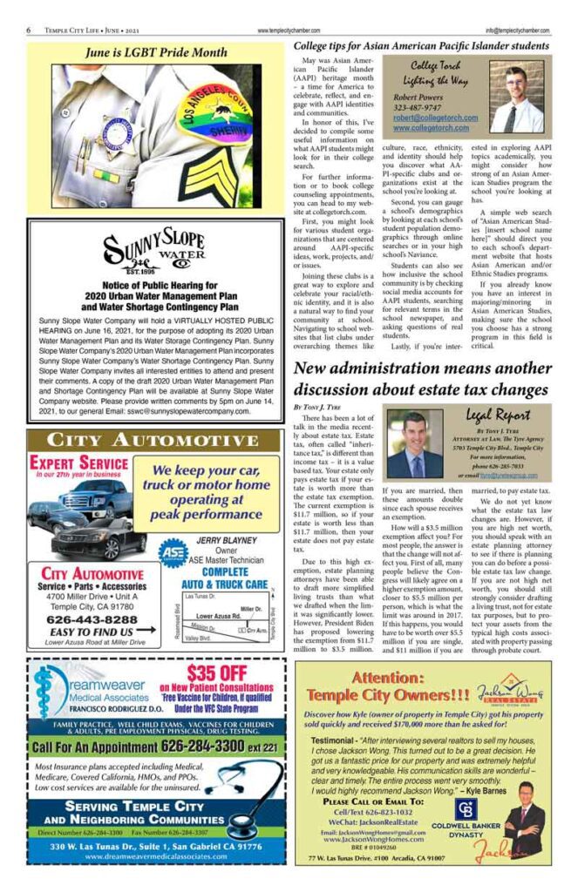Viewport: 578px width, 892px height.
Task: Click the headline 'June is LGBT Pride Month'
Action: point(156,52)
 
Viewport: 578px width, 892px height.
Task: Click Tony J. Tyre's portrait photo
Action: point(416,445)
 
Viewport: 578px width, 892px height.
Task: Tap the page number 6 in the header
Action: point(30,29)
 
